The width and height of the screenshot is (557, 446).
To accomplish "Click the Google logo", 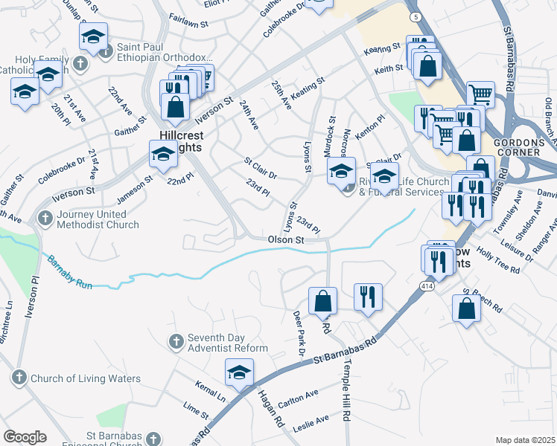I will (x=25, y=437).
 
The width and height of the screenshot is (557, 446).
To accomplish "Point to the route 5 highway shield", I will (x=415, y=16).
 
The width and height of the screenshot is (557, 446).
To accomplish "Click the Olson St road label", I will (x=287, y=240).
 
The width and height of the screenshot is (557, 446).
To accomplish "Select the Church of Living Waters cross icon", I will (x=19, y=378).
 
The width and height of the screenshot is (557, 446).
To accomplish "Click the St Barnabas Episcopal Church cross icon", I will (x=153, y=439).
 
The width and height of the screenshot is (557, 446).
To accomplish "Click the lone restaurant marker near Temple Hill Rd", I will (x=367, y=297).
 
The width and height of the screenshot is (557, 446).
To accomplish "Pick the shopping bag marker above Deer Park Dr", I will (x=322, y=301).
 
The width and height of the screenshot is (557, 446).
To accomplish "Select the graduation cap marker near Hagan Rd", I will (x=238, y=372).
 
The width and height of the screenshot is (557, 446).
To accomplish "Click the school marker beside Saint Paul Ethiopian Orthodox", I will (x=94, y=36).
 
